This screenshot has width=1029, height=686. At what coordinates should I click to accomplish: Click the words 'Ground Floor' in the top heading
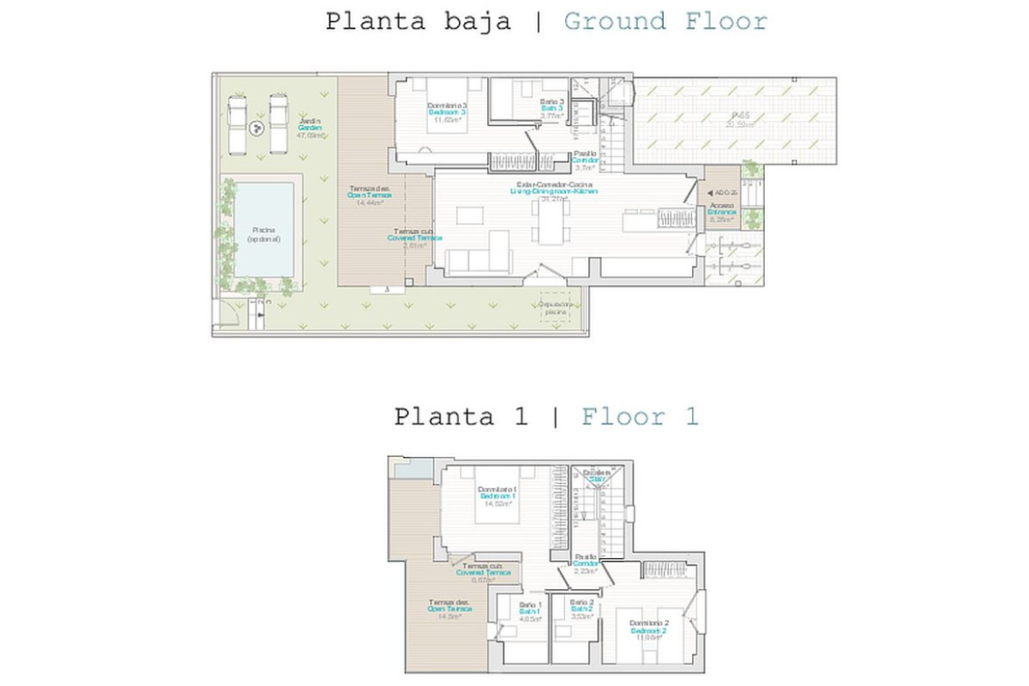[665, 21]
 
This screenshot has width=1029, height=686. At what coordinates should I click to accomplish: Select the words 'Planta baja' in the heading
[418, 21]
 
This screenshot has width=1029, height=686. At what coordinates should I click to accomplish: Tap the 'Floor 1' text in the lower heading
[640, 418]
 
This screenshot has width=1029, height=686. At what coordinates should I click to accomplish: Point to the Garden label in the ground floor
[310, 128]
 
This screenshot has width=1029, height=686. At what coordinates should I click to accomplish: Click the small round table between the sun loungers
[256, 129]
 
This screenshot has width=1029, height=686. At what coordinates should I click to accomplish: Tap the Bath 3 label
[551, 109]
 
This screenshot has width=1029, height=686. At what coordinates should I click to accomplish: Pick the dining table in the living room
[551, 223]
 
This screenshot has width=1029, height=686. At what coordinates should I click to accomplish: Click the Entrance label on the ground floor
[722, 212]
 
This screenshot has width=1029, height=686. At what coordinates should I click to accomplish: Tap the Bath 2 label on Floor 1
[582, 609]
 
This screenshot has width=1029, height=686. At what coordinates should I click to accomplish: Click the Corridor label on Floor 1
[586, 563]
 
